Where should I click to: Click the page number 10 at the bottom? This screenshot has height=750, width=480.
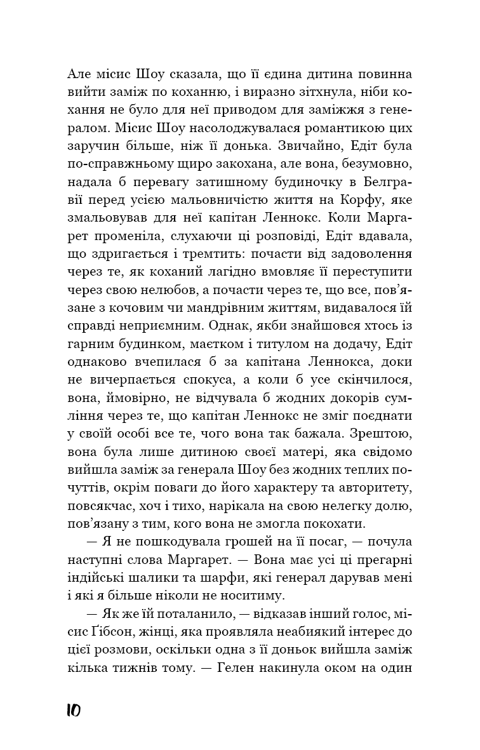tap(74, 711)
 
